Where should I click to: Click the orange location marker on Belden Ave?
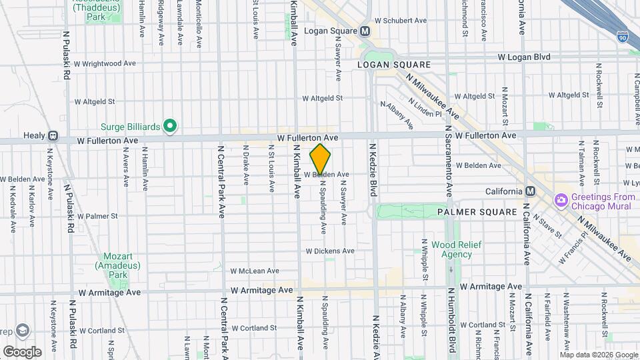321,159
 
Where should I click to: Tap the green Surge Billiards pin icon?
170,125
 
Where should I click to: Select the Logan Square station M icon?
365,31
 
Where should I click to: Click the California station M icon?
530,191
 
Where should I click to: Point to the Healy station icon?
53,135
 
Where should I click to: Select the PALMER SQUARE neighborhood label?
477,212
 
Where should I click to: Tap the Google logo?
21,351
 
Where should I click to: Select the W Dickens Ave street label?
330,251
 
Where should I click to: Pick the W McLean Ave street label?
255,271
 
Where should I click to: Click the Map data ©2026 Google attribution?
597,354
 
